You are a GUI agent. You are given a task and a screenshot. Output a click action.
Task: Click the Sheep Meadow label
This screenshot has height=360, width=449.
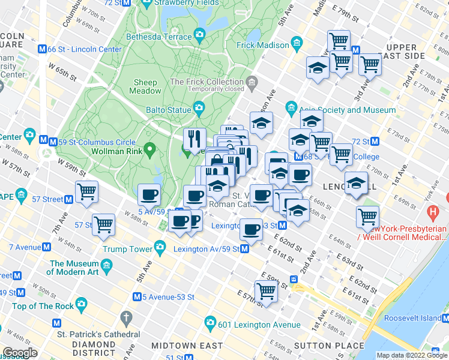pyautogui.click(x=146, y=86)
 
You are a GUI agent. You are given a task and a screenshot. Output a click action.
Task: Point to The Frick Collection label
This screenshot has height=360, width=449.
pyautogui.click(x=206, y=82)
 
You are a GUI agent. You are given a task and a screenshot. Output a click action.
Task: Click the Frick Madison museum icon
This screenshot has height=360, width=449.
pyautogui.click(x=297, y=44)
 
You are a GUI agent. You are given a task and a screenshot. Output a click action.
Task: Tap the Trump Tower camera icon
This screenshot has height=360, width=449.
pyautogui.click(x=160, y=247)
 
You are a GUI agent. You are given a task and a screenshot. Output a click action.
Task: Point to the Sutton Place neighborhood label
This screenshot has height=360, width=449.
pyautogui.click(x=329, y=345)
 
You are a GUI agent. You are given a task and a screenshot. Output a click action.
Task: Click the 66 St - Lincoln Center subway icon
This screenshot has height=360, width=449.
pyautogui.click(x=43, y=49)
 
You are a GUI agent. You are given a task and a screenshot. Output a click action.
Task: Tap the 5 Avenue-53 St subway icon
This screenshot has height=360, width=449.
pyautogui.click(x=137, y=296)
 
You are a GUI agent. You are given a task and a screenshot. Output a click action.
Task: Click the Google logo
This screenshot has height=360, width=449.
pyautogui.click(x=20, y=352)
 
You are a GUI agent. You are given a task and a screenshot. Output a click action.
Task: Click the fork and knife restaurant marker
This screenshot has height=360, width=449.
pyautogui.click(x=194, y=140)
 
